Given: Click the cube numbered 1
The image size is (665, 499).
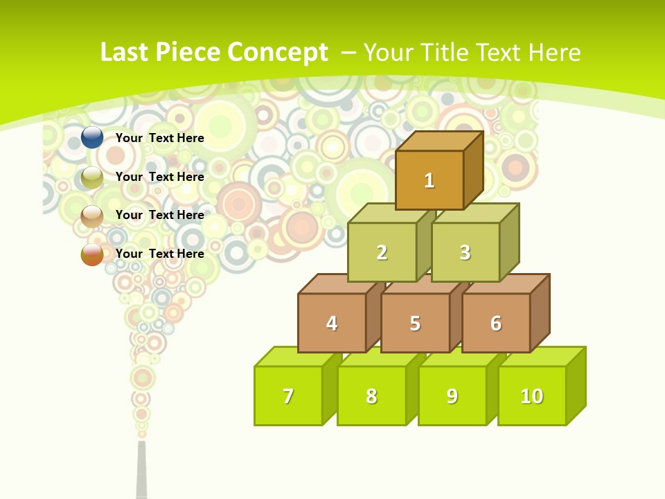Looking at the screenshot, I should pyautogui.click(x=429, y=180).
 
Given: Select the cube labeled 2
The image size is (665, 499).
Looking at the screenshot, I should pyautogui.click(x=382, y=252).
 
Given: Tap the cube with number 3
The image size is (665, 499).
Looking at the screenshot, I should pyautogui.click(x=465, y=252).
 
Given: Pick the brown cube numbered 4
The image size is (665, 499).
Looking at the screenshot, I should pyautogui.click(x=332, y=323).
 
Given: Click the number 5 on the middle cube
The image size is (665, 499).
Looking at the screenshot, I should pyautogui.click(x=415, y=324).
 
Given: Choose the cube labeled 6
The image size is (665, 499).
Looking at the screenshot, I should pyautogui.click(x=496, y=323).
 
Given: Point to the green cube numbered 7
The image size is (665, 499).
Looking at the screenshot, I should pyautogui.click(x=288, y=396).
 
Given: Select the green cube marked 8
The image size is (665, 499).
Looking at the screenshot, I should pyautogui.click(x=371, y=396).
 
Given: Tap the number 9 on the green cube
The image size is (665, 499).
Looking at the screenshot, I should pyautogui.click(x=452, y=396).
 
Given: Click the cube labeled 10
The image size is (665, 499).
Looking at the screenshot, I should pyautogui.click(x=531, y=396).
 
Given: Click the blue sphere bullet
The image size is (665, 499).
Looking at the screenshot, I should pyautogui.click(x=92, y=138).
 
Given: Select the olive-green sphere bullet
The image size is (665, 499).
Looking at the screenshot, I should pyautogui.click(x=92, y=177).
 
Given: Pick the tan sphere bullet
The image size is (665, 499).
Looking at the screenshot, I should pyautogui.click(x=92, y=216).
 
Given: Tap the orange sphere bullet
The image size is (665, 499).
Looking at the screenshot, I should pyautogui.click(x=92, y=254).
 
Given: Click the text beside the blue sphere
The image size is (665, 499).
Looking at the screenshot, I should pyautogui.click(x=160, y=138).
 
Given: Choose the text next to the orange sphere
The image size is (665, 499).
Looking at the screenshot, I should pyautogui.click(x=160, y=254).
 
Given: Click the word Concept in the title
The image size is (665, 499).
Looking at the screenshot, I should pyautogui.click(x=278, y=52).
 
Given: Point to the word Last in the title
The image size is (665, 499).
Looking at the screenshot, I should pyautogui.click(x=125, y=52).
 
